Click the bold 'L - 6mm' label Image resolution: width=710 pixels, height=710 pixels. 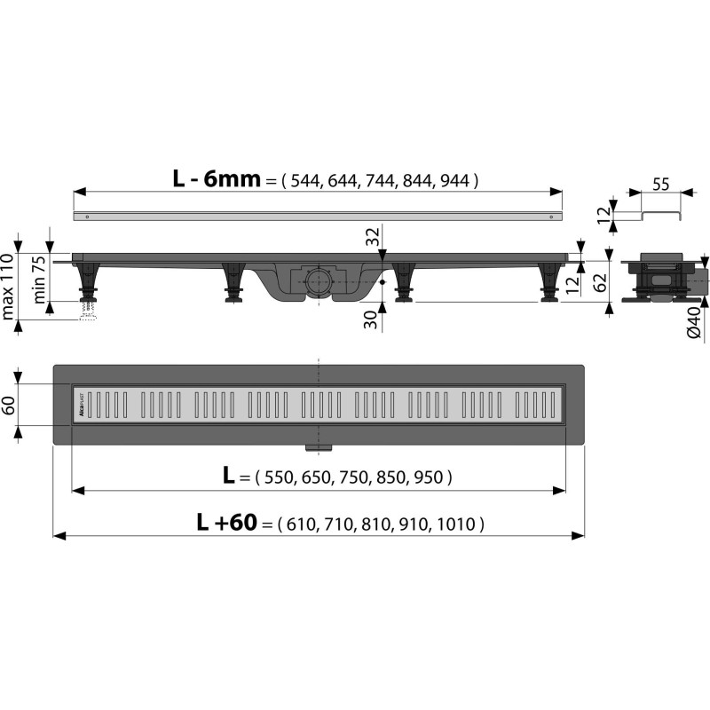[x=217, y=178]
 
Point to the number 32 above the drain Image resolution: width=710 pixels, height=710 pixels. [x=374, y=236]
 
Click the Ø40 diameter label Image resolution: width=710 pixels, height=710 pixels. [x=695, y=321]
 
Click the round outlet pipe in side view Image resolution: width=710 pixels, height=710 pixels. [x=319, y=285]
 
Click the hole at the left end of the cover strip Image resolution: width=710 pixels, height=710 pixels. [x=87, y=216]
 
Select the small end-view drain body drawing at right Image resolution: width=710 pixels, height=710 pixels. [x=661, y=280]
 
